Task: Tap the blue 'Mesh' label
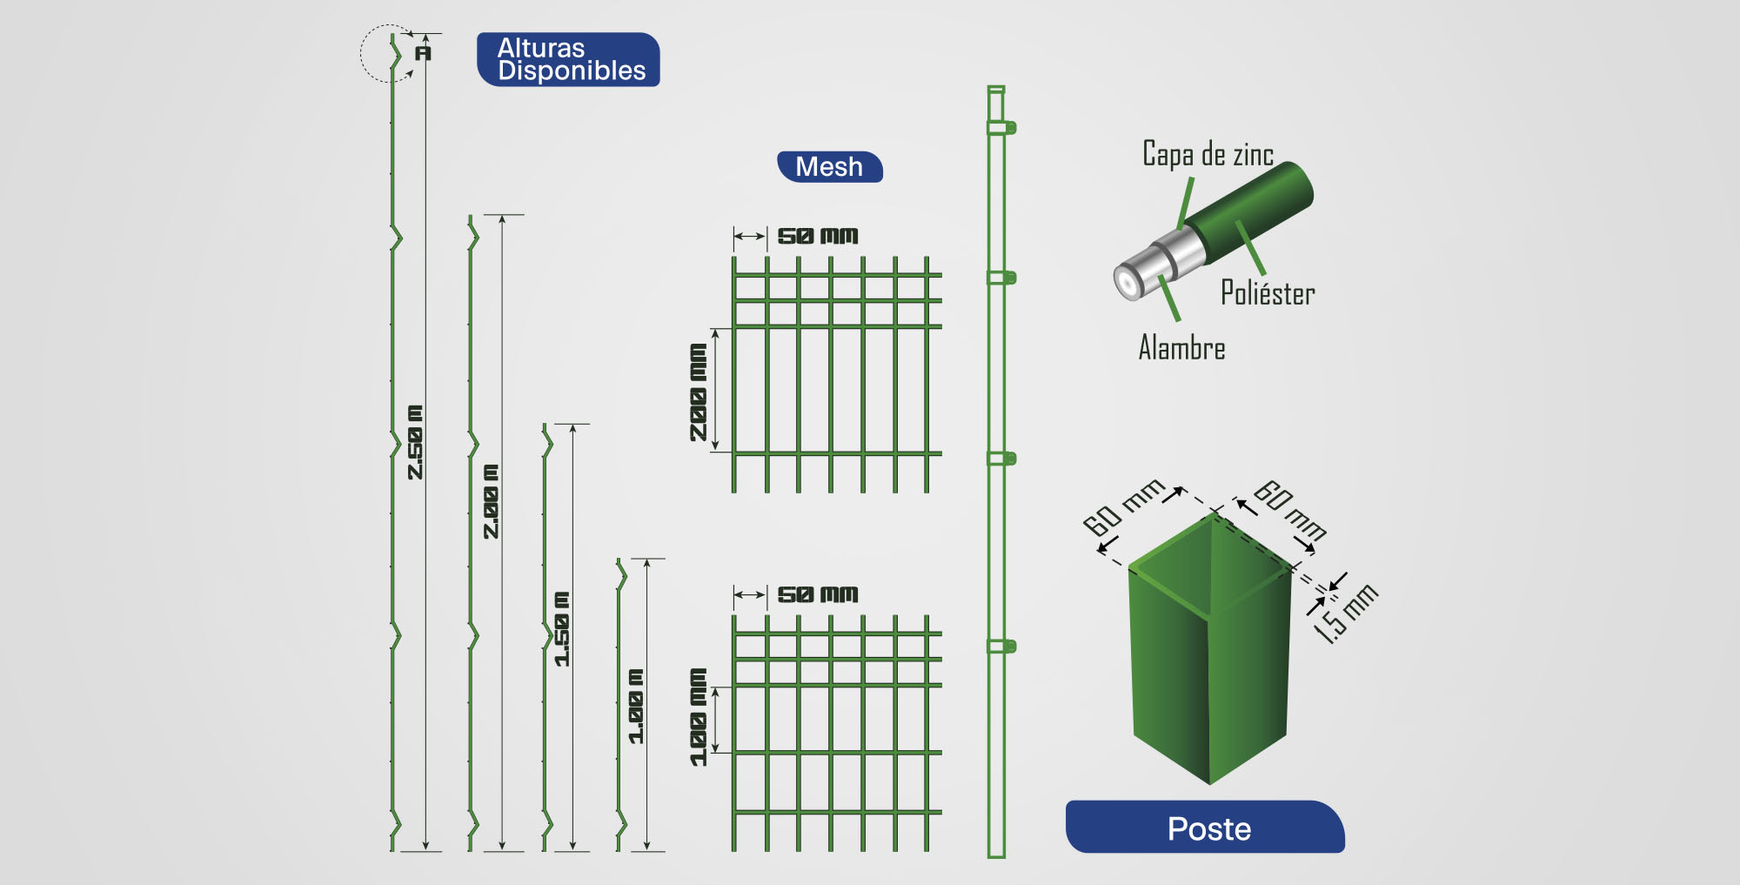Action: [x=829, y=166]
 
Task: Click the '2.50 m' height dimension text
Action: [x=416, y=442]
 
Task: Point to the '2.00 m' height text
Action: [x=492, y=501]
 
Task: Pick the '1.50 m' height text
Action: [x=563, y=629]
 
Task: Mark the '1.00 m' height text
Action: [x=637, y=707]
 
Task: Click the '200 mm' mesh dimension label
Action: [x=699, y=392]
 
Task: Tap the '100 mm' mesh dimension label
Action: [x=699, y=717]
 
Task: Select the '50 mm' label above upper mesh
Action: [x=817, y=236]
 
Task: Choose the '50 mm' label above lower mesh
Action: [x=817, y=594]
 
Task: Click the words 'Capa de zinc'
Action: [x=1208, y=154]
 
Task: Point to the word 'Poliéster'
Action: [x=1268, y=293]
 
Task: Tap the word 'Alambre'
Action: [x=1181, y=348]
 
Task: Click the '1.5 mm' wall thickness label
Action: [x=1345, y=613]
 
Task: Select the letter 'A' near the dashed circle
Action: [x=423, y=53]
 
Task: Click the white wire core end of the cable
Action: [x=1128, y=283]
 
